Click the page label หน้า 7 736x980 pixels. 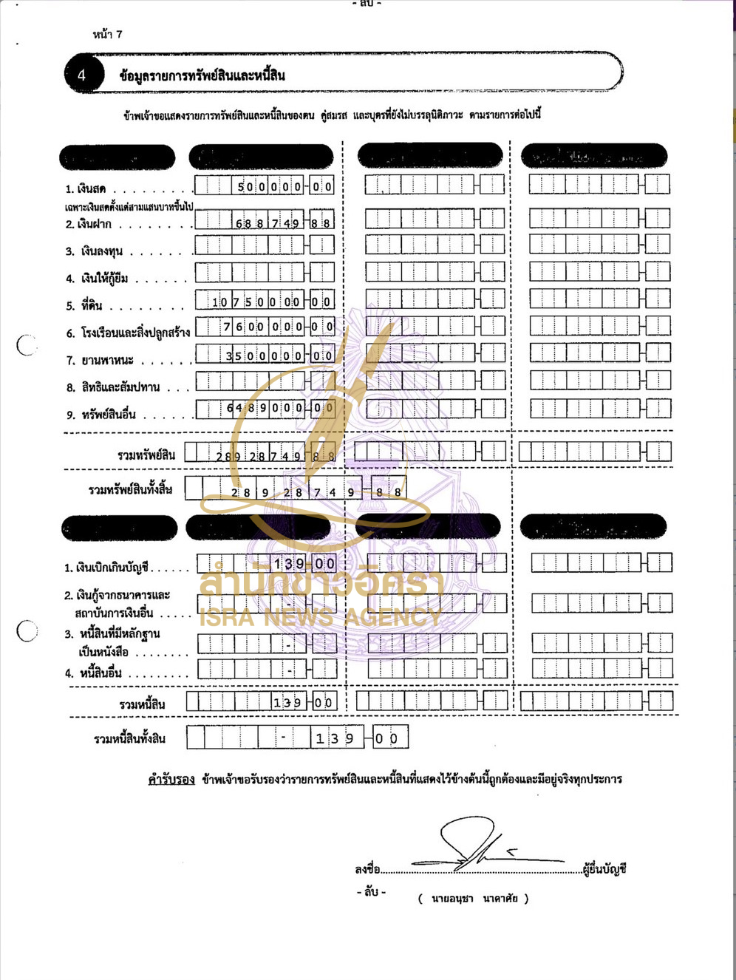tap(107, 34)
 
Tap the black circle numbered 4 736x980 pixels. tap(82, 75)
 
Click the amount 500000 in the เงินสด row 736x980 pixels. tap(269, 187)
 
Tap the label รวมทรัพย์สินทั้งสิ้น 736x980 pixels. tap(130, 490)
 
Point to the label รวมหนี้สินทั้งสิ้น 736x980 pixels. tap(129, 738)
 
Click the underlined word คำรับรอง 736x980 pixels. tap(171, 780)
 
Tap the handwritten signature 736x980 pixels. tap(480, 846)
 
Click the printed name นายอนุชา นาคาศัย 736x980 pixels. tap(474, 899)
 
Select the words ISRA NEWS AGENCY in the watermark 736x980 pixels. tap(320, 617)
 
